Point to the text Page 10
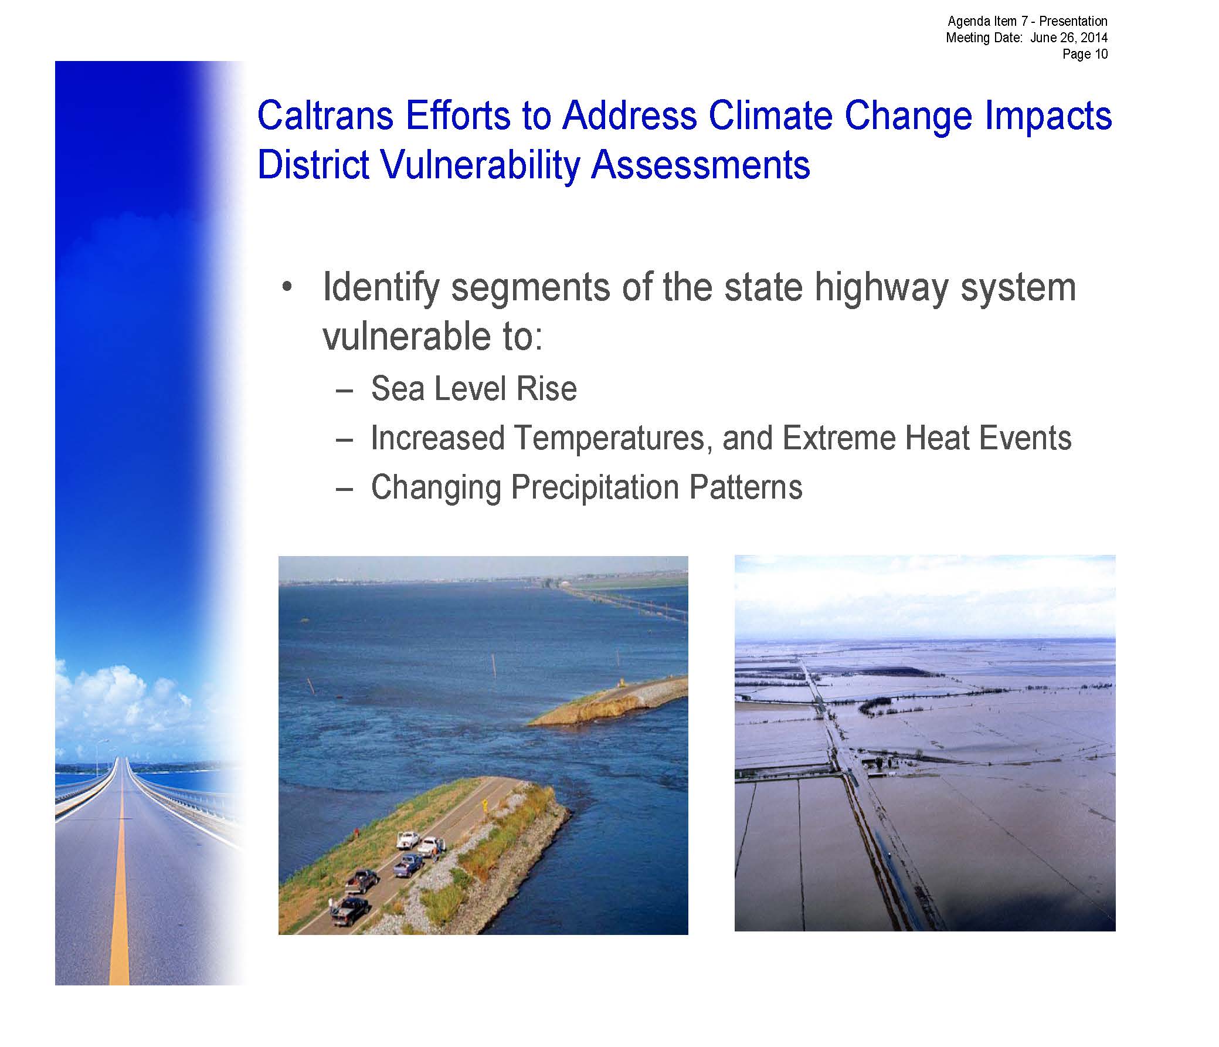pos(1085,54)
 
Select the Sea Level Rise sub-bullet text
pos(474,389)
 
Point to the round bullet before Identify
pos(287,288)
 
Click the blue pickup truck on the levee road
pos(408,865)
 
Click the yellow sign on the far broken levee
pos(622,683)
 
